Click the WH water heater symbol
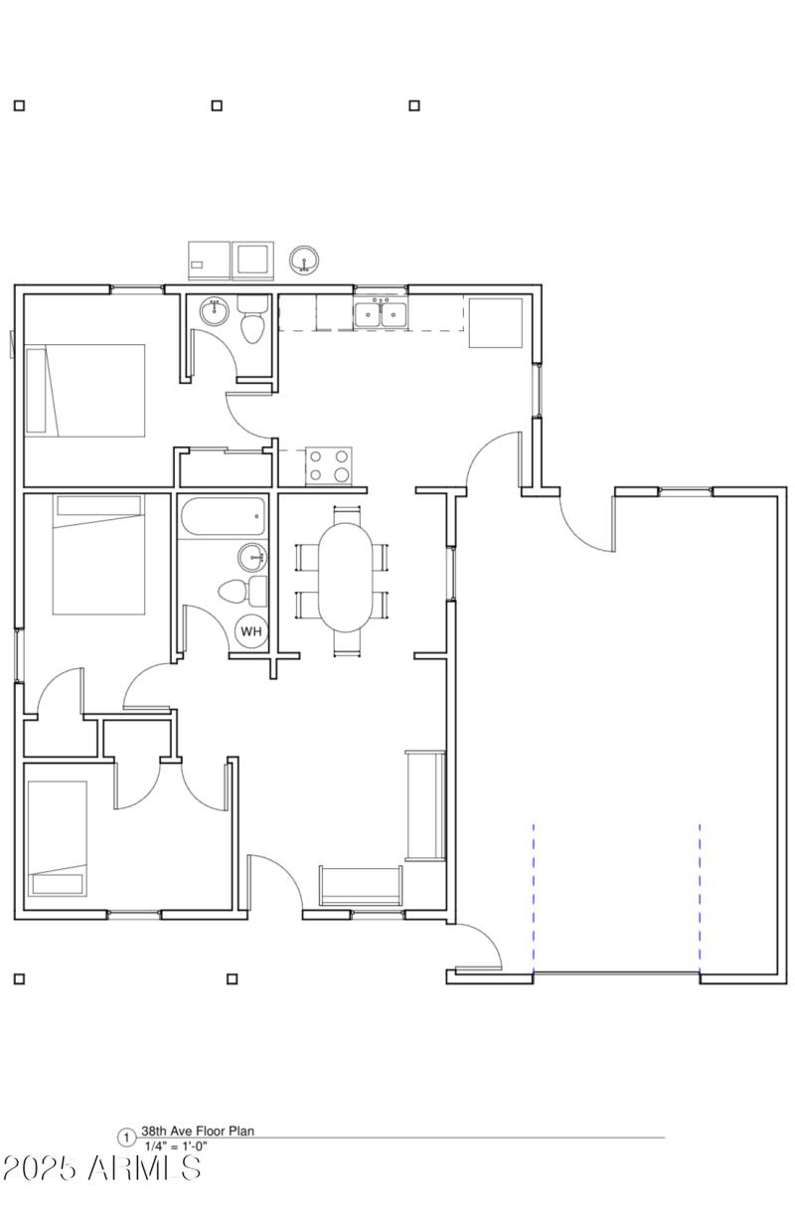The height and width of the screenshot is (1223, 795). point(251,630)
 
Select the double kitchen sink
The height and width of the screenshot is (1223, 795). point(382,315)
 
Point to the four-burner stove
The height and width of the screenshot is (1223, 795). point(328,464)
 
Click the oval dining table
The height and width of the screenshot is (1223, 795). point(345,577)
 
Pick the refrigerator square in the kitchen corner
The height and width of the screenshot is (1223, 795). point(495,322)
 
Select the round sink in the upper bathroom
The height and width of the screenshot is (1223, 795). point(214,311)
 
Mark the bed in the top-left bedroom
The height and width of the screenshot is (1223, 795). point(85,390)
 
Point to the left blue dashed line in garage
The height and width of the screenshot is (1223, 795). point(534,897)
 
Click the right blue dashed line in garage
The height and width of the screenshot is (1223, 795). point(700,897)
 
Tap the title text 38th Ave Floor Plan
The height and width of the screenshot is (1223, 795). point(197,1132)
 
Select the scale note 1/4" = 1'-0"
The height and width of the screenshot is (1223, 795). point(176,1146)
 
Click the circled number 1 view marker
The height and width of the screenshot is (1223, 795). point(126,1138)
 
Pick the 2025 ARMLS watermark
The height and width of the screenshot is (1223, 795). point(101,1168)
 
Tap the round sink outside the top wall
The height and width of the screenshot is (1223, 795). point(304,261)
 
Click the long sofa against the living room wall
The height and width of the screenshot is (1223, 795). point(425,805)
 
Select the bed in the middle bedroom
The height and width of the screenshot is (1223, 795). point(98,554)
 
